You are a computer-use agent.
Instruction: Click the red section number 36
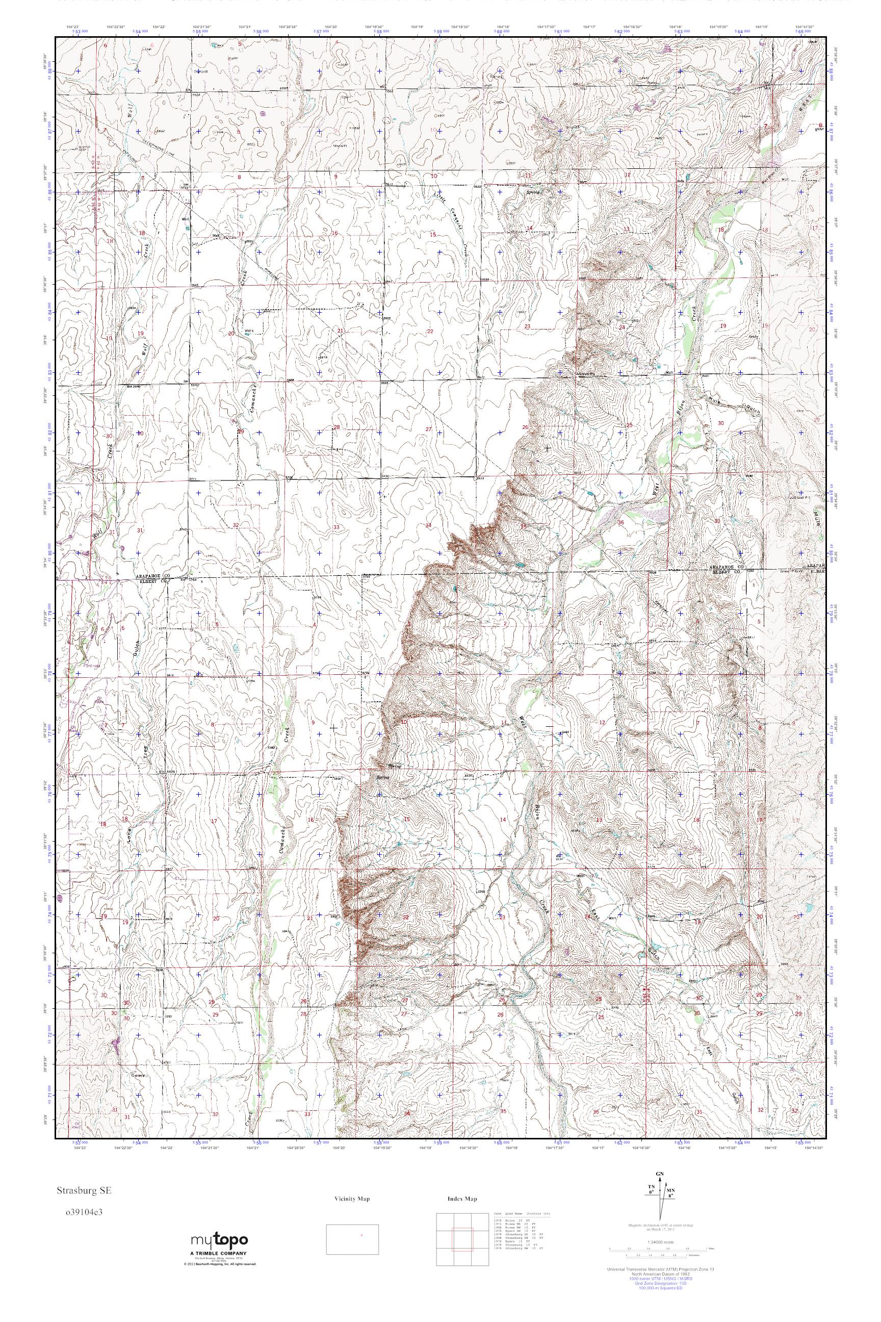tap(620, 523)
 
